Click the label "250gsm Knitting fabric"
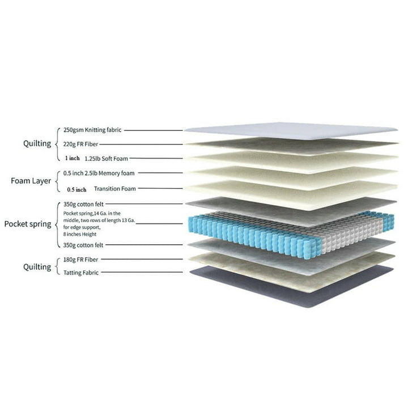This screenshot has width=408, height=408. coord(92,130)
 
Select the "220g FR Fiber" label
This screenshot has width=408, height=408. coord(80,144)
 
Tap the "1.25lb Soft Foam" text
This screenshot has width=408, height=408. coord(106,159)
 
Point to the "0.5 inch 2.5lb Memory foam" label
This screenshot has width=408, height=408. coord(99,173)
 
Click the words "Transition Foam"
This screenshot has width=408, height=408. coord(114,189)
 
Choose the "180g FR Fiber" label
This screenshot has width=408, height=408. coord(80,260)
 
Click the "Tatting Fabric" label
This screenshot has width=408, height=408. coord(81,273)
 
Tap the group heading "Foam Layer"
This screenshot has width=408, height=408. coord(31,181)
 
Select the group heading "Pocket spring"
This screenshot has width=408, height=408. coord(28,224)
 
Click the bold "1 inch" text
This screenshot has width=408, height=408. coord(73,158)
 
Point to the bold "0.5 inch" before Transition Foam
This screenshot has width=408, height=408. coord(76,189)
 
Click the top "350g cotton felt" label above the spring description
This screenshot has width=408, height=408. coord(83,204)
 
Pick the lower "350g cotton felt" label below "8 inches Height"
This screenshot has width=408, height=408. coord(83,245)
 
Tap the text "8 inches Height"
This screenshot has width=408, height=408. coord(80,234)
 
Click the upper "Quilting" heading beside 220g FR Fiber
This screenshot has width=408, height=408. coord(37,143)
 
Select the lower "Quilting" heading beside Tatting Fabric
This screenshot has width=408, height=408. coord(37,267)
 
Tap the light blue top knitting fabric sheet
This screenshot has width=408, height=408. coord(291,131)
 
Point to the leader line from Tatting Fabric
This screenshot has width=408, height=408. coord(142,273)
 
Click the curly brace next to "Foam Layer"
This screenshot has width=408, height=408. coord(57,181)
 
